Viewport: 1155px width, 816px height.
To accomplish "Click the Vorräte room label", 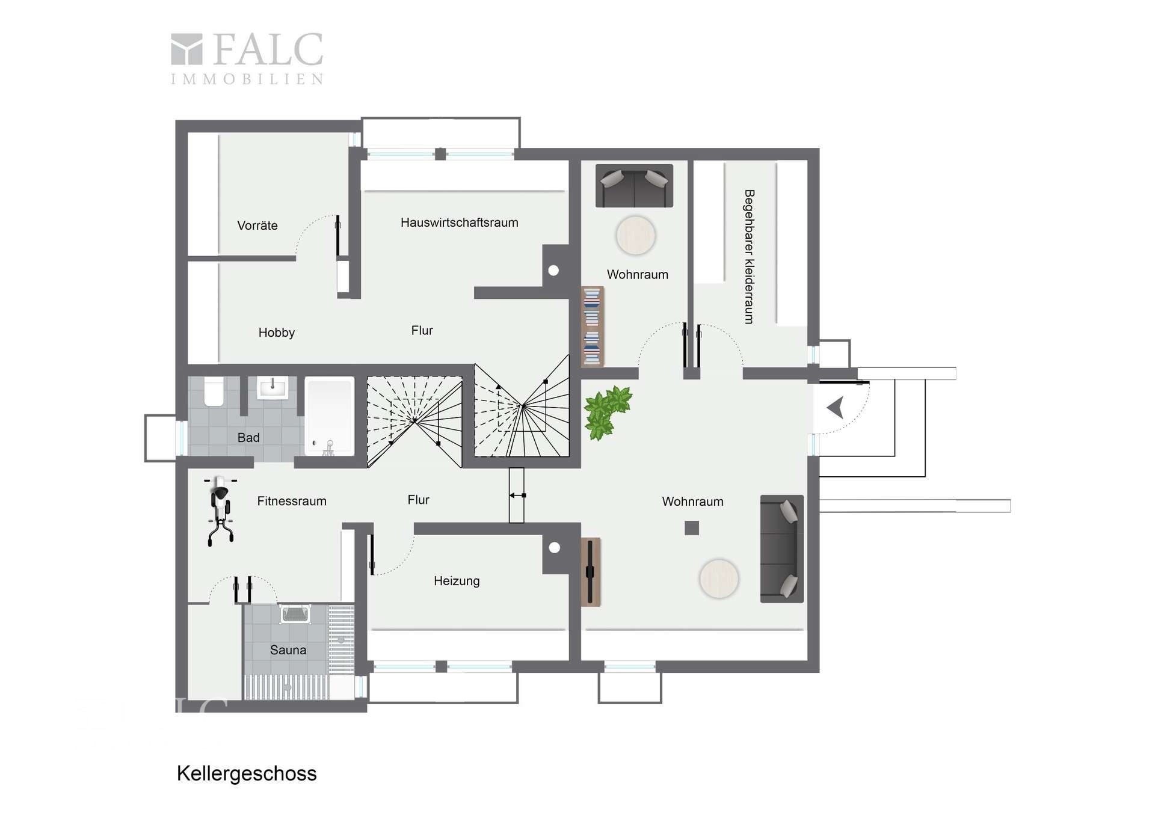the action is tap(257, 225).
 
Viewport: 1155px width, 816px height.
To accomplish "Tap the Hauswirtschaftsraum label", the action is tap(459, 222).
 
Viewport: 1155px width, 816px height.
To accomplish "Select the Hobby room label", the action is tap(277, 333).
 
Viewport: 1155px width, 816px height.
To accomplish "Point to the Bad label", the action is tap(248, 438).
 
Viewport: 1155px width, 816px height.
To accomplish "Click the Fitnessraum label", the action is tap(292, 501).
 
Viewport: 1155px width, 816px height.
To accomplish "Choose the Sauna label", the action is tap(288, 650).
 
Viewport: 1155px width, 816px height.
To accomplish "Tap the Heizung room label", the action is tap(457, 581).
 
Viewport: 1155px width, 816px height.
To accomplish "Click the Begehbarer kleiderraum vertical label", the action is tap(749, 257).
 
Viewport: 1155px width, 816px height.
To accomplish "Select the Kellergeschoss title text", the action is tap(247, 773).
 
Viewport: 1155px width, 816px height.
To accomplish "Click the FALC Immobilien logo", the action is tap(247, 58).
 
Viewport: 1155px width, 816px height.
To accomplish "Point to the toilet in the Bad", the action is tap(214, 391).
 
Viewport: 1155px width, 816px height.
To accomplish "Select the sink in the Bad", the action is tap(273, 388).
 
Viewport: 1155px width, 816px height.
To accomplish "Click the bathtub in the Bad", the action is tap(329, 416).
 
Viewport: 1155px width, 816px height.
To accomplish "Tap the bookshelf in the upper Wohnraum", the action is tap(593, 327).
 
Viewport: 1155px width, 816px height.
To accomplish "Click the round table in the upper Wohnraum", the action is tap(636, 236).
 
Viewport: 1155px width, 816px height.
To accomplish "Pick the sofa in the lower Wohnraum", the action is tap(782, 548).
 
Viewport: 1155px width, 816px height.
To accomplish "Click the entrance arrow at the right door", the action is tap(836, 408).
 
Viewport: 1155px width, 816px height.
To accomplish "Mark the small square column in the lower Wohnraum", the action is tap(692, 528).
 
